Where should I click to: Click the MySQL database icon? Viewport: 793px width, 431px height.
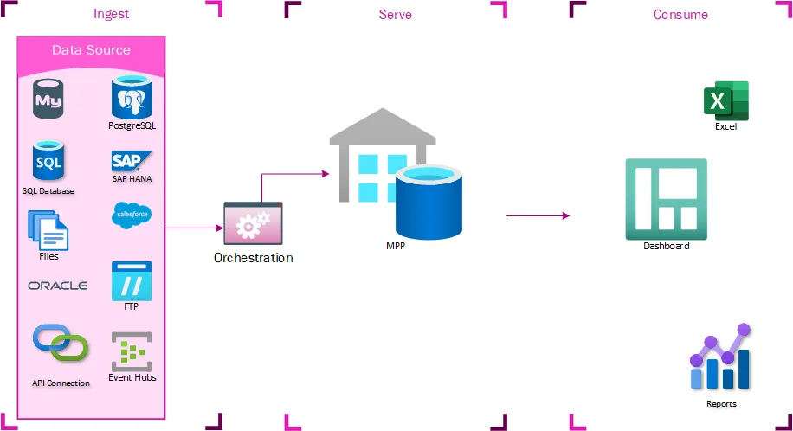click(48, 100)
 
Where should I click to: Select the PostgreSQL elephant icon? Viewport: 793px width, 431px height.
click(132, 98)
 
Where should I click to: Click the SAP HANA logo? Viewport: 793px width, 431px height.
click(132, 161)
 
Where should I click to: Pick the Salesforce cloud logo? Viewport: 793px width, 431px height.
click(132, 215)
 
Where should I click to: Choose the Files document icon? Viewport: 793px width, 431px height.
click(48, 229)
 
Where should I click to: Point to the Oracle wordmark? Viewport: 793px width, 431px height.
click(58, 286)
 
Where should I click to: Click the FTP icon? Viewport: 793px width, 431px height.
click(132, 280)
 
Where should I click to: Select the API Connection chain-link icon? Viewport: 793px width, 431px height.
click(60, 344)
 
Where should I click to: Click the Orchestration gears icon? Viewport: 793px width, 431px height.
click(253, 225)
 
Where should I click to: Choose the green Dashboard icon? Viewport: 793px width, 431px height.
click(666, 199)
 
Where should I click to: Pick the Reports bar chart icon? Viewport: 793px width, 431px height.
click(720, 359)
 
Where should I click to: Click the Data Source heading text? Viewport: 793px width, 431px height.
click(91, 50)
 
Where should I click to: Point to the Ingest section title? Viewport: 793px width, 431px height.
click(111, 14)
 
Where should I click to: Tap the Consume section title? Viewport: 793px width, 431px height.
click(680, 14)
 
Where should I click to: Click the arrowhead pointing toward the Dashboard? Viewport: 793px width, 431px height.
click(565, 215)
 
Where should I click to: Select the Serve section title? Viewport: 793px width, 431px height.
click(395, 14)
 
